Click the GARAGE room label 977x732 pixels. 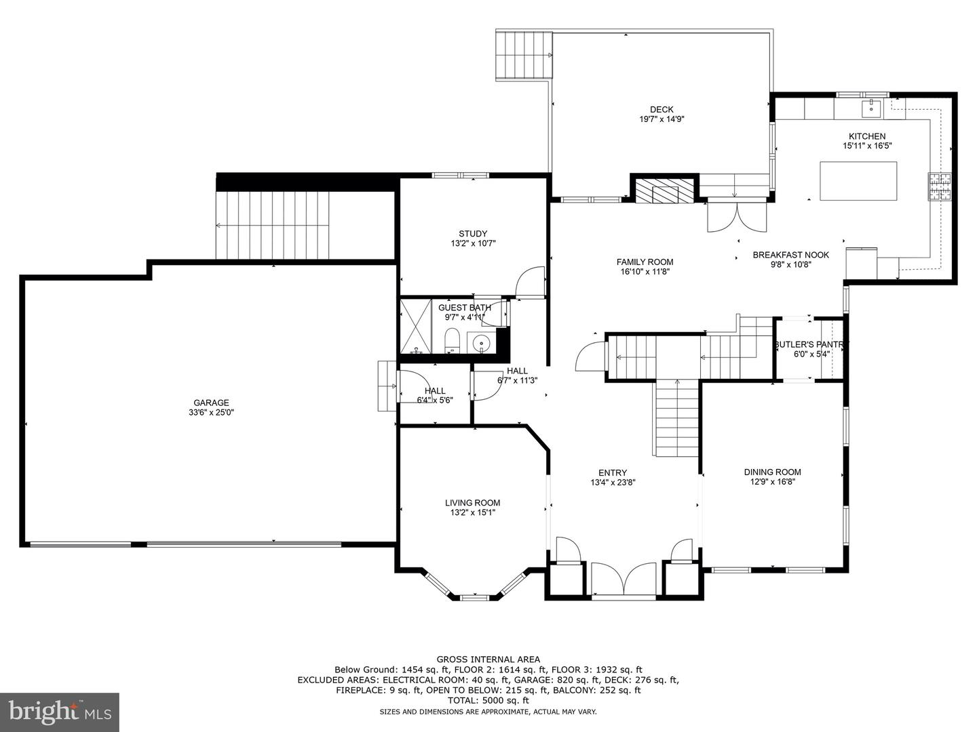tap(211, 403)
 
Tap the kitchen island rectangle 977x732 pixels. tap(858, 181)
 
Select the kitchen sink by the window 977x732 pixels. tap(871, 109)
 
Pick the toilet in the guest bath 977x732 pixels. tap(451, 340)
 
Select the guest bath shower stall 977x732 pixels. tap(416, 326)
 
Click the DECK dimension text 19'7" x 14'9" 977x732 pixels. tap(662, 119)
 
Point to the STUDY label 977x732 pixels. tap(473, 233)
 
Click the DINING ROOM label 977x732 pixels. tap(772, 472)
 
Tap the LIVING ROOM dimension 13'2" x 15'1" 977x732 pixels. tap(473, 512)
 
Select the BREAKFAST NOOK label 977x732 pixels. tap(791, 255)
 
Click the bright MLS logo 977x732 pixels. tap(60, 712)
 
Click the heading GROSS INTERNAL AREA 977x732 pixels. tap(488, 659)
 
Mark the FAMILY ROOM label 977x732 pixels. tap(645, 262)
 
